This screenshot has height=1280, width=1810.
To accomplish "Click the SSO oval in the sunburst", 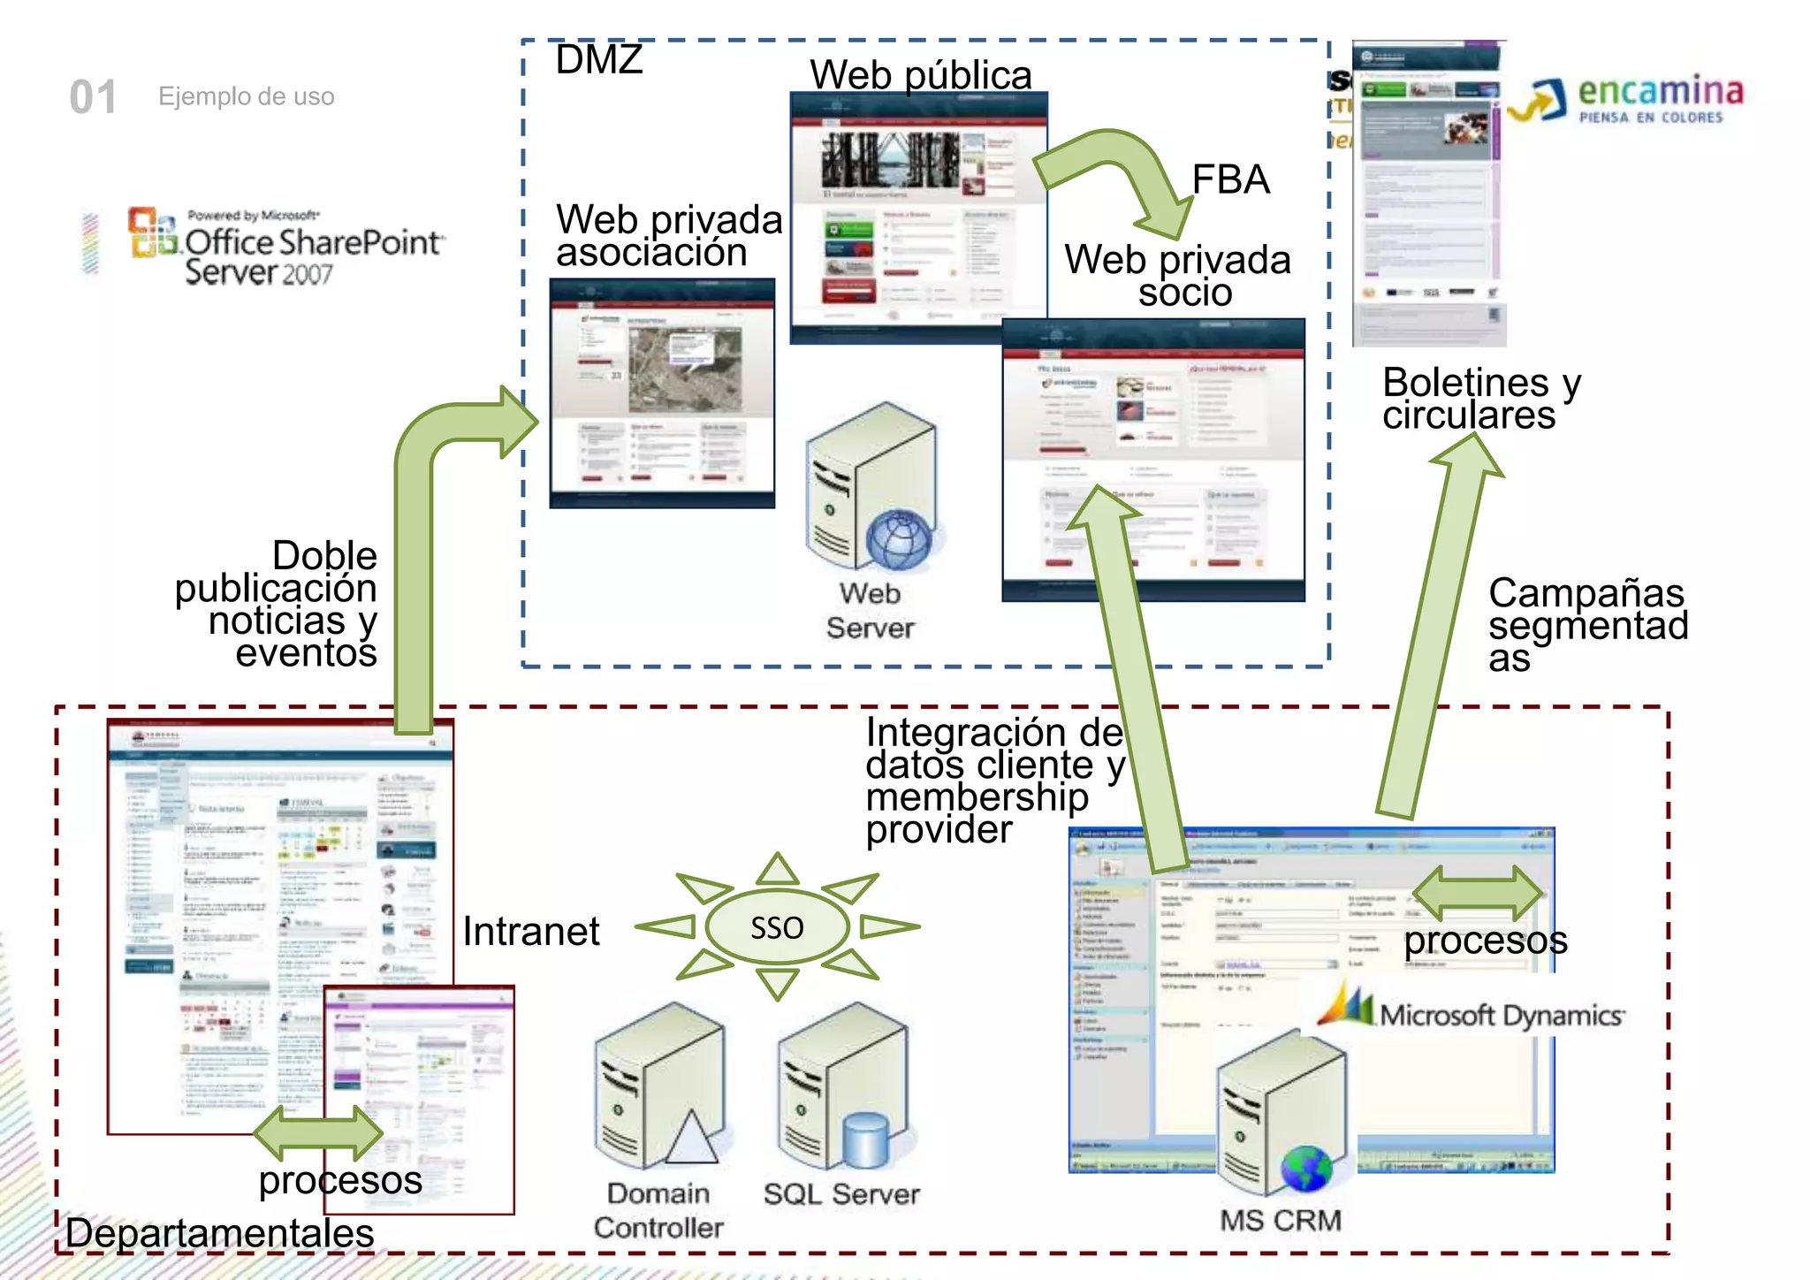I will [x=777, y=927].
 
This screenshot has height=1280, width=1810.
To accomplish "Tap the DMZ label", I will [x=599, y=60].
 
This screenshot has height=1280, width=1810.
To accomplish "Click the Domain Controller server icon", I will [x=660, y=1087].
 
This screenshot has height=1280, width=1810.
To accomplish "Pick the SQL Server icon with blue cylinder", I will [x=843, y=1087].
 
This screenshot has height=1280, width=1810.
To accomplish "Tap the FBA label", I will [x=1230, y=180].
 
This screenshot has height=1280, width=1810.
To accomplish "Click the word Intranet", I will [x=531, y=932].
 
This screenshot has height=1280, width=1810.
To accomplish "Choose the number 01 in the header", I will [x=93, y=97].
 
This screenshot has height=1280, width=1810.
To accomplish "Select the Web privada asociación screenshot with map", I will [x=662, y=393].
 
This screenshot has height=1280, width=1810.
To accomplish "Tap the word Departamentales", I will [x=220, y=1233].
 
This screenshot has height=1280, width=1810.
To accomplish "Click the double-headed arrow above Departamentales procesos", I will [x=318, y=1132].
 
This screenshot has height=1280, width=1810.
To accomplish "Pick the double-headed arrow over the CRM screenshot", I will [x=1478, y=892].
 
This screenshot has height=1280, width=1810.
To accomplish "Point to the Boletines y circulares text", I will [x=1480, y=399].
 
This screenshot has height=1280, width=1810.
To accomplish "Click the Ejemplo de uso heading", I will [x=247, y=96].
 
